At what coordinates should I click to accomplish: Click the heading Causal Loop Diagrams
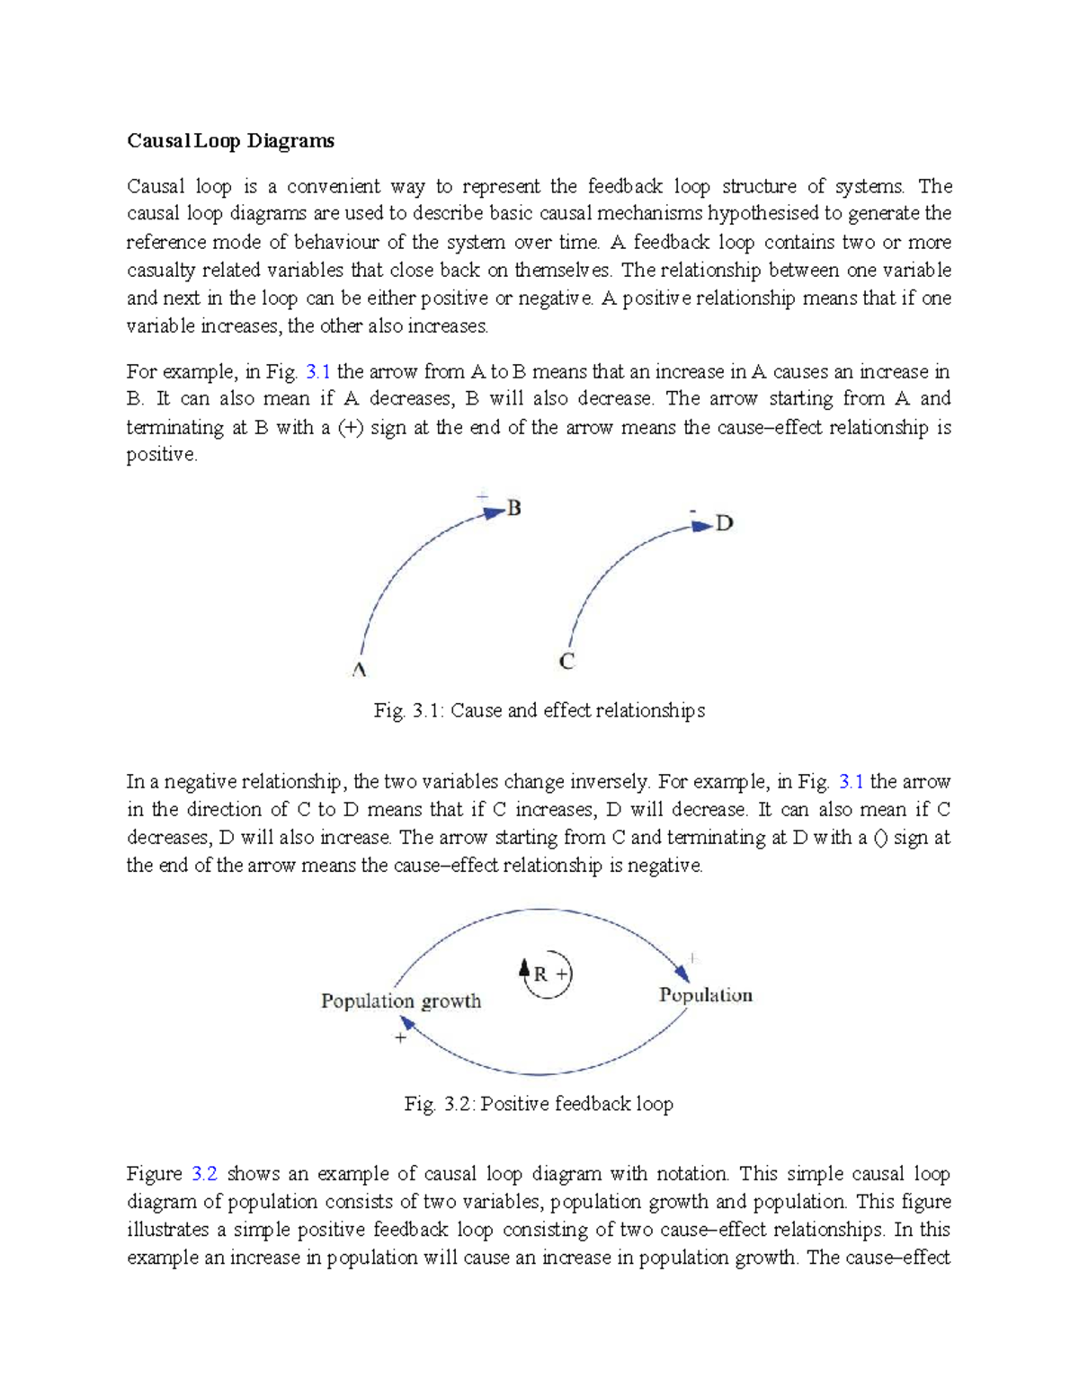tap(230, 140)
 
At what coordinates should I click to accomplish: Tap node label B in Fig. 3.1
tap(514, 508)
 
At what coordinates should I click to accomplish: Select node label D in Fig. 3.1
tap(725, 523)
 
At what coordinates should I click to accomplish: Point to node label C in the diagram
tap(566, 662)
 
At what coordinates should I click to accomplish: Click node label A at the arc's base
tap(359, 671)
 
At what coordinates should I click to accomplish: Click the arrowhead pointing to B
tap(494, 512)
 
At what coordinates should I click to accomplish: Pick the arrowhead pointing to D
tap(702, 526)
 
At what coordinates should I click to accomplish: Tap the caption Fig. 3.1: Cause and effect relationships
tap(539, 710)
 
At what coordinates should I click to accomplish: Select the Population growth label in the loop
tap(401, 1000)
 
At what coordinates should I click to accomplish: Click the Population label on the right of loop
tap(705, 994)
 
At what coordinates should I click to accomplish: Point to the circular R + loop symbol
tap(548, 974)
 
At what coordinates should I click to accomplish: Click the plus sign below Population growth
tap(400, 1037)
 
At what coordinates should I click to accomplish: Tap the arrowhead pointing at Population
tap(682, 973)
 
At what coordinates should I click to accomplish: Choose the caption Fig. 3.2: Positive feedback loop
tap(539, 1103)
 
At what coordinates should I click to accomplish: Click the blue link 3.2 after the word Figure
tap(204, 1173)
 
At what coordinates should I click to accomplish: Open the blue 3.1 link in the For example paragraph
tap(318, 371)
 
